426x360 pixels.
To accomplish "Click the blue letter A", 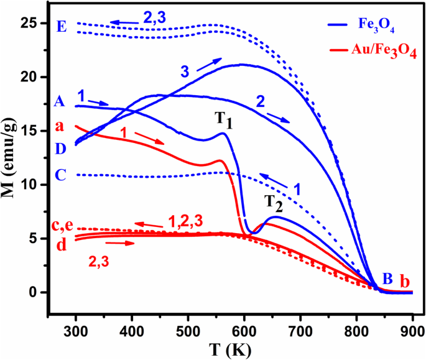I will click(x=60, y=101).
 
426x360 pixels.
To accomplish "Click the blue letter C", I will click(x=60, y=175).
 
